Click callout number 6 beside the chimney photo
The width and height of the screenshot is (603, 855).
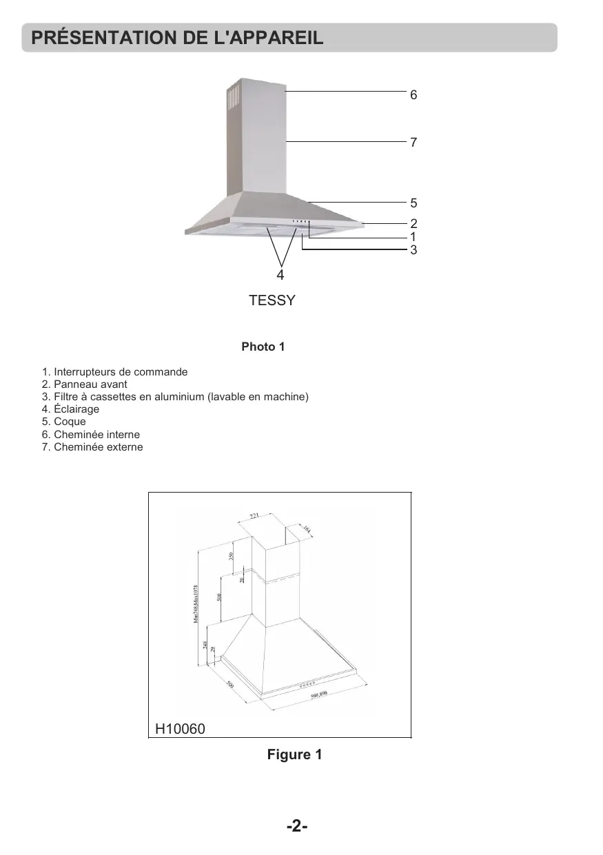413,95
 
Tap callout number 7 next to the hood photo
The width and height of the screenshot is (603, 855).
413,143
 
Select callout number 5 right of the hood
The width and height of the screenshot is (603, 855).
413,203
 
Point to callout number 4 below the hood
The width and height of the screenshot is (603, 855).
280,275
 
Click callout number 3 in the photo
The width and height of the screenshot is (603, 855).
413,250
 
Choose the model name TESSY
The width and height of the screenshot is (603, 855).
272,301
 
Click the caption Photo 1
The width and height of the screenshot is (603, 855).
263,347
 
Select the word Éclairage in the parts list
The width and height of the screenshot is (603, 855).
76,409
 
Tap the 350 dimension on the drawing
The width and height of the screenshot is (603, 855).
232,556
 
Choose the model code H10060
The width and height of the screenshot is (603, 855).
180,728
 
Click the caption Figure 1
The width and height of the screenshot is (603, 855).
294,754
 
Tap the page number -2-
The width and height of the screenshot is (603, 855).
296,826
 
